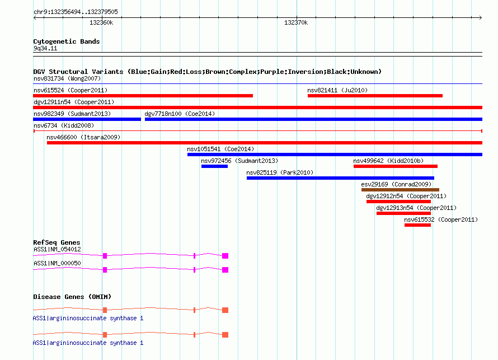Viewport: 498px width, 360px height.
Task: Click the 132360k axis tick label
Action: (x=101, y=22)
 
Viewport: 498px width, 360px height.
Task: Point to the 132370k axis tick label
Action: (x=296, y=22)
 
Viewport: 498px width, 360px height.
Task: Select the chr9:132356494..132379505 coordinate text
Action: (x=76, y=12)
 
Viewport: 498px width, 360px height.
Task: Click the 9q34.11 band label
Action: (x=45, y=48)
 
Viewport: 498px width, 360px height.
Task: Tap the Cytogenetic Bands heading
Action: (x=67, y=41)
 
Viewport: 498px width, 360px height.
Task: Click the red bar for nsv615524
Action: (x=143, y=96)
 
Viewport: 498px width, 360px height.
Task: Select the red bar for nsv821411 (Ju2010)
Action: (x=375, y=96)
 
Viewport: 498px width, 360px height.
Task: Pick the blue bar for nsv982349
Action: (x=87, y=119)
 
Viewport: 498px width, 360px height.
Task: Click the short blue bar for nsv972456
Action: (x=214, y=166)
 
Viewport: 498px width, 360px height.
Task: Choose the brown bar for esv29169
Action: (x=400, y=190)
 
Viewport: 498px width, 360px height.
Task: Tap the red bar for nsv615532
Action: (x=417, y=225)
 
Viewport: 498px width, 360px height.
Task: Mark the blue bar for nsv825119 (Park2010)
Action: (x=340, y=178)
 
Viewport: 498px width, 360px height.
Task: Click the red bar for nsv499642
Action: (x=396, y=166)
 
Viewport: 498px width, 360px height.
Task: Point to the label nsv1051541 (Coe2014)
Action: (x=220, y=149)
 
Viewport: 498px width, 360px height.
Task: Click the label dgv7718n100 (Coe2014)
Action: (x=180, y=114)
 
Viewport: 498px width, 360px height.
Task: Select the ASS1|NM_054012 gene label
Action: (x=57, y=250)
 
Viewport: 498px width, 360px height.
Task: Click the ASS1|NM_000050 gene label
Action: (x=57, y=263)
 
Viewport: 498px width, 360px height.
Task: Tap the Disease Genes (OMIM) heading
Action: (x=72, y=297)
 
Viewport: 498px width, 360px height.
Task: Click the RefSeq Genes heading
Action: (x=57, y=242)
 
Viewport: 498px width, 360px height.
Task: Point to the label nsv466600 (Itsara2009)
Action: (x=83, y=137)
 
